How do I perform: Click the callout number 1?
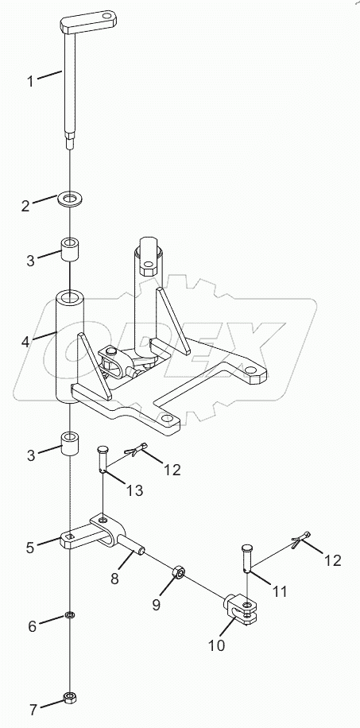30,80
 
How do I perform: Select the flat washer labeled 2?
73,196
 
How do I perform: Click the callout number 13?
134,490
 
